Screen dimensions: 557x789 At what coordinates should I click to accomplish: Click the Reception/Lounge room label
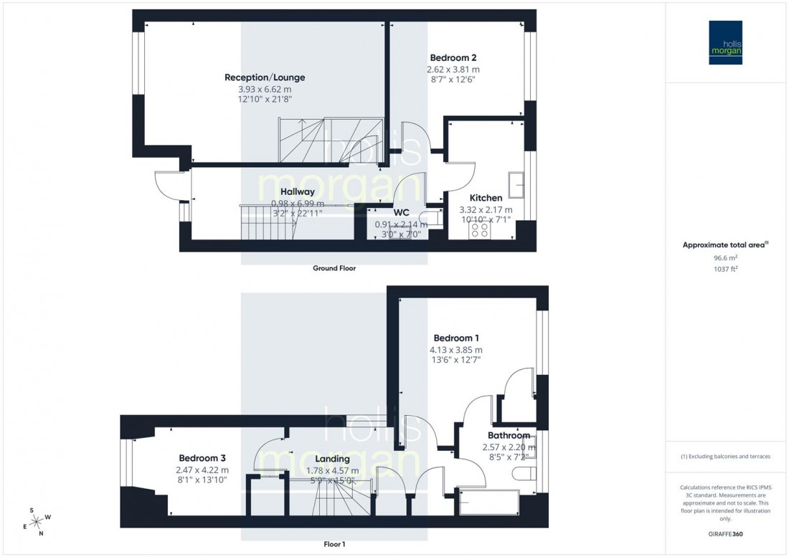265,77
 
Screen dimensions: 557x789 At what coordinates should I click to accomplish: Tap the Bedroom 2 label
453,58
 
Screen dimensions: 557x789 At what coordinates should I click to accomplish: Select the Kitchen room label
486,198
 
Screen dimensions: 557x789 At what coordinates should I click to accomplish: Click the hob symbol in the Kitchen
479,231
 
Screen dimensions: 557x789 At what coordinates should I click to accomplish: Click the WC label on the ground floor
401,213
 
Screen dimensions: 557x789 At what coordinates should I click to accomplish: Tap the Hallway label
298,192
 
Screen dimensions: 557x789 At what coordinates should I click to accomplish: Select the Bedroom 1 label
457,338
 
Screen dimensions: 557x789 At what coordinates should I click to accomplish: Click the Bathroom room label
509,435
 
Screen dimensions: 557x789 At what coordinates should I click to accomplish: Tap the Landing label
332,459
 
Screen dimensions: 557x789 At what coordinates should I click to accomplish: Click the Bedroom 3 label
203,458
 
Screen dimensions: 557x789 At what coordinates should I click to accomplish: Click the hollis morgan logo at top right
725,42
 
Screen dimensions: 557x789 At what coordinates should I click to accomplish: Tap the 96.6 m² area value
726,259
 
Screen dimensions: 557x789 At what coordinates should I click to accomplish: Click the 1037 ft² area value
726,270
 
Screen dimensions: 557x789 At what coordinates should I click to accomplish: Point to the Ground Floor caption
334,268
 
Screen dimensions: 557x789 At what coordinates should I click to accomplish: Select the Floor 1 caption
334,544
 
